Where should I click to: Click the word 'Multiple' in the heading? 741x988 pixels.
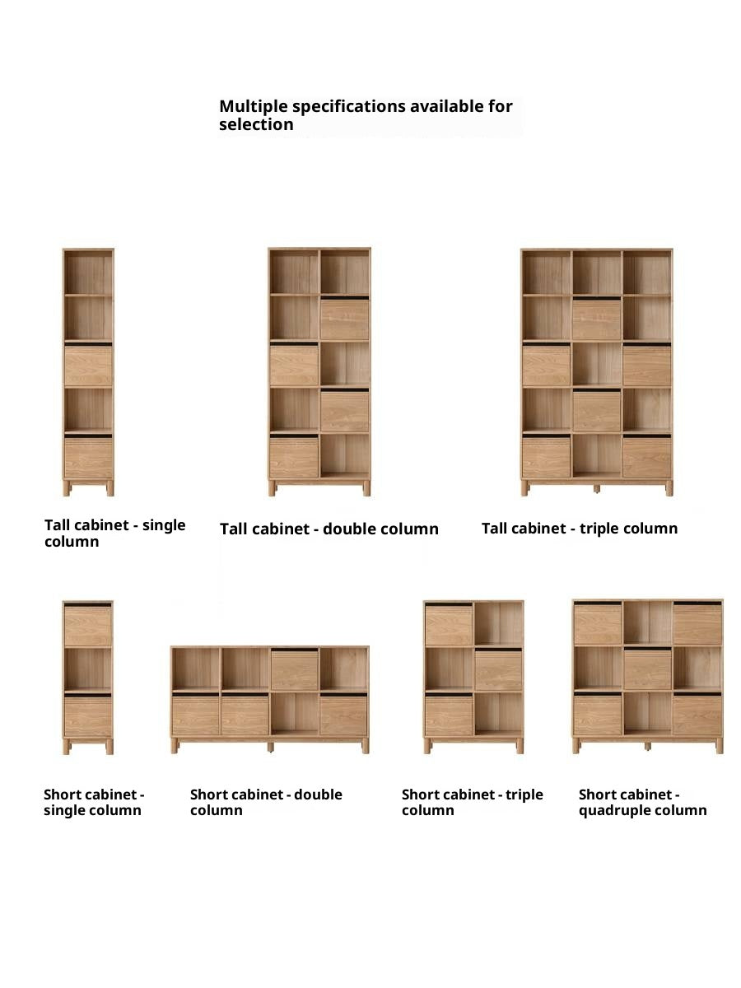coord(254,107)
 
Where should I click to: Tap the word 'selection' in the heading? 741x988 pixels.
coord(256,124)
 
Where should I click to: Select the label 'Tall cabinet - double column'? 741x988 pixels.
coord(329,529)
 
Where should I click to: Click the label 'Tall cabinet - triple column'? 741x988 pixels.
coord(580,529)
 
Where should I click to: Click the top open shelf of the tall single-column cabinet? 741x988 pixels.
coord(88,273)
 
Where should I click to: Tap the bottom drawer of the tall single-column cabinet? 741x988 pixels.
coord(88,458)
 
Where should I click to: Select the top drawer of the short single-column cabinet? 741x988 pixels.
coord(88,626)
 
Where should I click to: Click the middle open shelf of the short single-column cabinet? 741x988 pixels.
coord(88,669)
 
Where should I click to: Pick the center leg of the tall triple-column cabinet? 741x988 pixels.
coord(597,489)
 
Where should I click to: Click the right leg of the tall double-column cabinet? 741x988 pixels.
coord(366,488)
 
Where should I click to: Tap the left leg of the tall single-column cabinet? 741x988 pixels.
coord(67,488)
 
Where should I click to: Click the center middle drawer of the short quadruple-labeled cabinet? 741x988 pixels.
coord(647,670)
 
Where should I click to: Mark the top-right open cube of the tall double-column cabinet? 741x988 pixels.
coord(345,273)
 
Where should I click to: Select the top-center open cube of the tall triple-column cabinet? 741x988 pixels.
coord(597,273)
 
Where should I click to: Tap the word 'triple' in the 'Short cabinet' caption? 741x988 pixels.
coord(524,795)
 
